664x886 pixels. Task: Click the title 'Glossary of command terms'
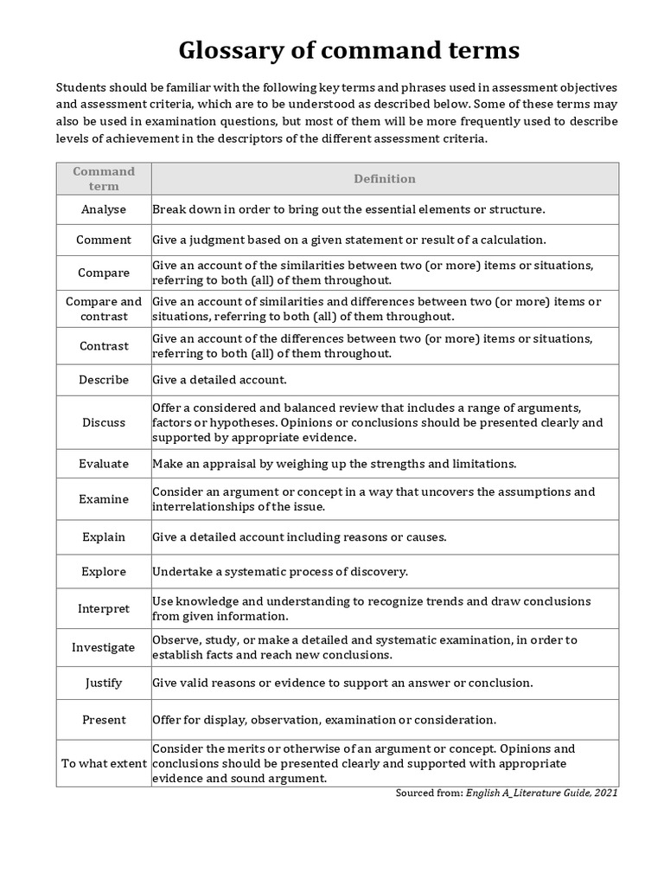348,51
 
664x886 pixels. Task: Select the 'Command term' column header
104,178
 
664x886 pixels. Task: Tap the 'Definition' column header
384,178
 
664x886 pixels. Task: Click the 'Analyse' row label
104,209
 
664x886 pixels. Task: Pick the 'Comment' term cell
104,240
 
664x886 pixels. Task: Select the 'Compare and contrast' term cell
104,309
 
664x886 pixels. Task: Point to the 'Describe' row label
104,380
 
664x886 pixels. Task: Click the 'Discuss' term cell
104,422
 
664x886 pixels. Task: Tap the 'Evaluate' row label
104,464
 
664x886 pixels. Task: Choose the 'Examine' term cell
104,499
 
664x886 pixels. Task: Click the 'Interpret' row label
104,608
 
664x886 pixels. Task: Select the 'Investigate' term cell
104,647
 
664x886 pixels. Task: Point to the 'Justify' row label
104,683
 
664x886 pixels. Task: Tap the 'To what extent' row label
104,763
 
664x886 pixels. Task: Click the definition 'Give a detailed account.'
219,380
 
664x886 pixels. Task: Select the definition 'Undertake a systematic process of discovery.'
280,572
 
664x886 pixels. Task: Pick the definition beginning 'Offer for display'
324,720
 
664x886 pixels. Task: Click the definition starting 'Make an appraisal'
334,464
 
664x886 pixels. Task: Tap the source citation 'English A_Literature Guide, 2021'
542,793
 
